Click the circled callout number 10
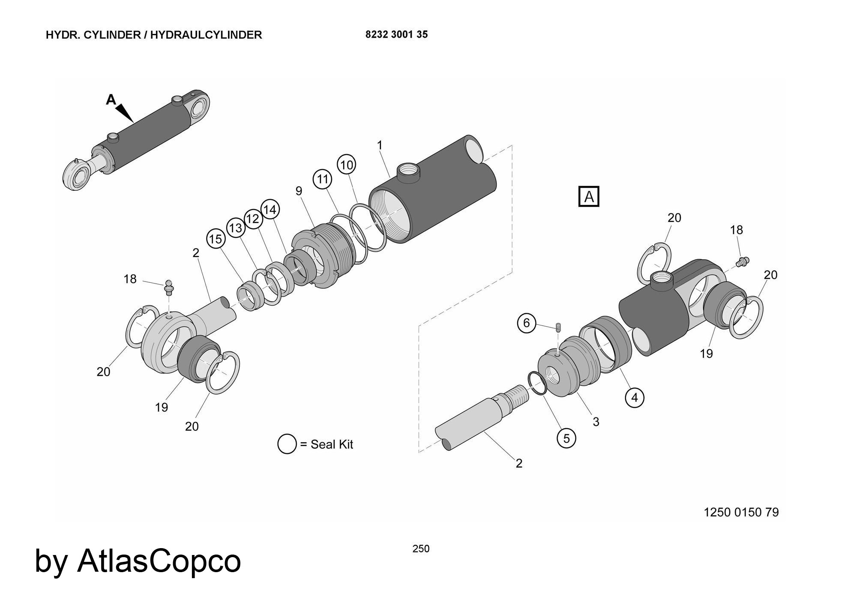(x=347, y=165)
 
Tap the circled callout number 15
(x=216, y=239)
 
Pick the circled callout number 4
(x=635, y=398)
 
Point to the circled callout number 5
(x=566, y=438)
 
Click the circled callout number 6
(x=527, y=323)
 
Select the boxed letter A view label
(x=589, y=197)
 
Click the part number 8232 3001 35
(x=396, y=35)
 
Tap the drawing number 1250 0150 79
(x=741, y=512)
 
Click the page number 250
(x=421, y=549)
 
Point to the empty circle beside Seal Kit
(x=287, y=444)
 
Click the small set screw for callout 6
(x=558, y=328)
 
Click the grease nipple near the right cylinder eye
(x=742, y=261)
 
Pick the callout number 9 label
(x=299, y=191)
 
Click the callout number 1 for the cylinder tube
(x=379, y=146)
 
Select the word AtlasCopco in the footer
(x=159, y=561)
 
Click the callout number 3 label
(x=596, y=422)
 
